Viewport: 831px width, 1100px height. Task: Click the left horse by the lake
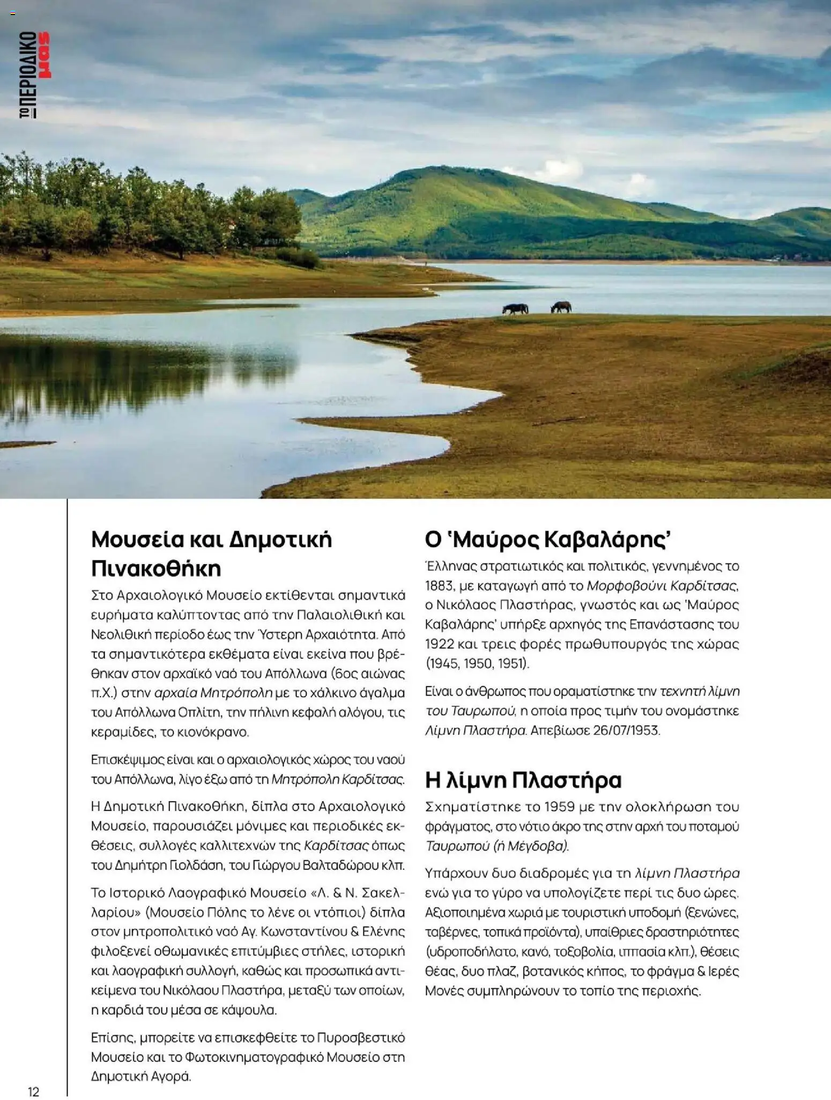(515, 309)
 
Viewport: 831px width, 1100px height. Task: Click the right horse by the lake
(561, 307)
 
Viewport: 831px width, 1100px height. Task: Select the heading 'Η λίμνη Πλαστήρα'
(523, 780)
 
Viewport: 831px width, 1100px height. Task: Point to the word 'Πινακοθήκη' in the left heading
(156, 568)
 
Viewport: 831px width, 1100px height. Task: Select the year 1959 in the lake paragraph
(561, 807)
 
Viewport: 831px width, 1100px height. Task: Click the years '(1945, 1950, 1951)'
(477, 663)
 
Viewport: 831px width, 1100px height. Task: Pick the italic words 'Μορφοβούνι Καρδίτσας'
(662, 585)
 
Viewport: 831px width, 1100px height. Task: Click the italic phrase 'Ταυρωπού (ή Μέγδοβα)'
(497, 846)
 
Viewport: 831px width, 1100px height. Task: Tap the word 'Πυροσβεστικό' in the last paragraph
(361, 1038)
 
